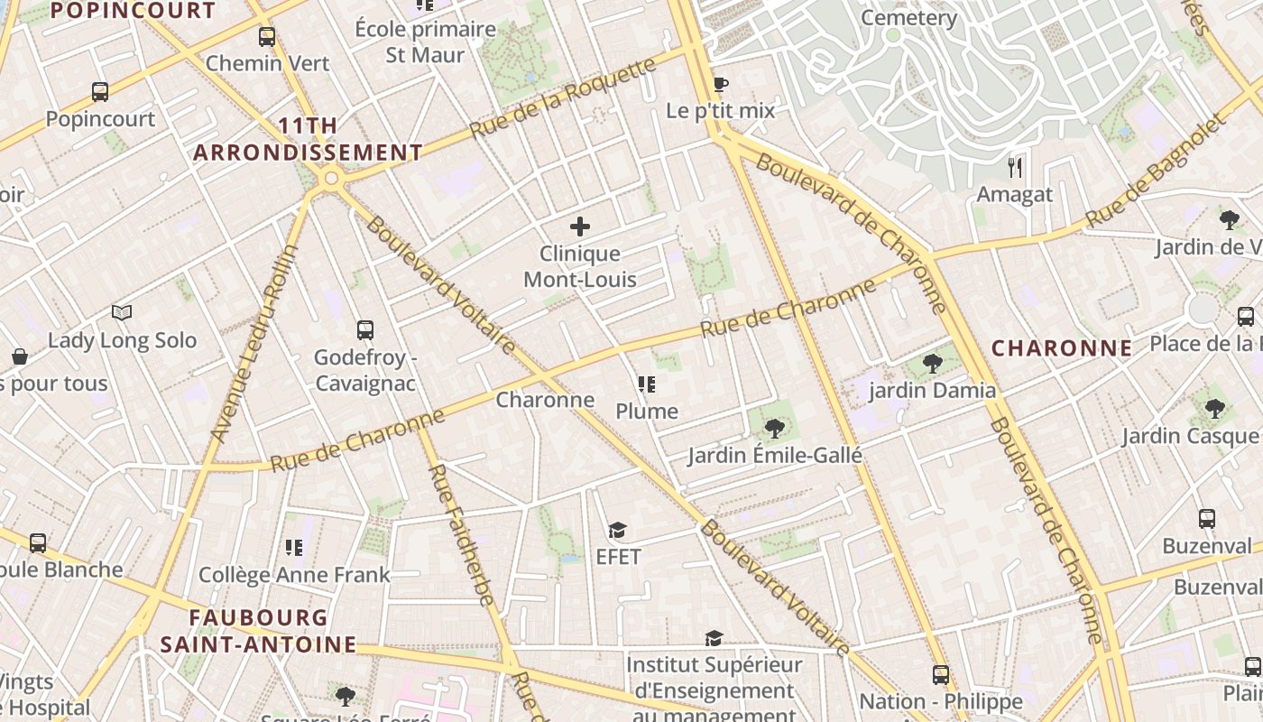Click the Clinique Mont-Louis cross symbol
pos(580,227)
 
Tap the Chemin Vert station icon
pos(267,37)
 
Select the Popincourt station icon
pos(100,91)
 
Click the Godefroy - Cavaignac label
pos(364,370)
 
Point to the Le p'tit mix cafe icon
pos(720,85)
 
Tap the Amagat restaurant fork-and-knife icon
pos(1016,167)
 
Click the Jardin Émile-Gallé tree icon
pos(774,428)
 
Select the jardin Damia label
pos(932,391)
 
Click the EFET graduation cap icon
pos(617,530)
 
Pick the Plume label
pos(646,412)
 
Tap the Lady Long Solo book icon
pos(122,313)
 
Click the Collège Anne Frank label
pos(294,575)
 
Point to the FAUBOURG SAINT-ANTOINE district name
pos(258,631)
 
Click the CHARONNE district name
pos(1062,348)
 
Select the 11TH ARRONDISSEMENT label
pos(308,139)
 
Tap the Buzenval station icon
pos(1207,519)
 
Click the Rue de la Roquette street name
pos(563,98)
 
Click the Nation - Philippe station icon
pos(941,675)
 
